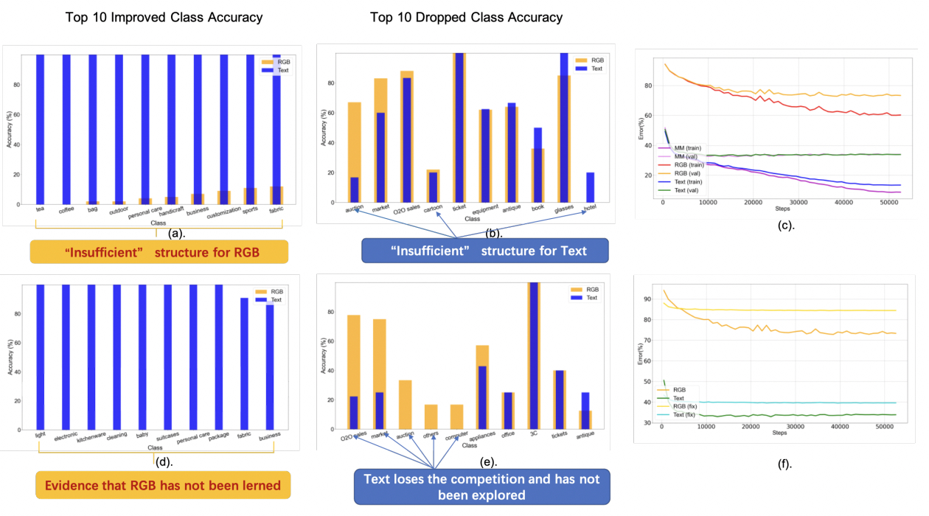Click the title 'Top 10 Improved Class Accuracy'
point(164,17)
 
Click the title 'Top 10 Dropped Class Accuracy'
point(466,17)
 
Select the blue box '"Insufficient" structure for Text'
point(484,251)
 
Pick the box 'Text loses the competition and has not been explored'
point(482,487)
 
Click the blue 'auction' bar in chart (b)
point(355,189)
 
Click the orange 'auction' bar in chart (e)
point(406,405)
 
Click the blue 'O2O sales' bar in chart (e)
point(354,413)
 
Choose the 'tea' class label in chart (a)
point(40,209)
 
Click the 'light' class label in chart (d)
point(40,435)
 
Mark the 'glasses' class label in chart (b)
point(563,209)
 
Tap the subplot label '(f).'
point(786,464)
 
